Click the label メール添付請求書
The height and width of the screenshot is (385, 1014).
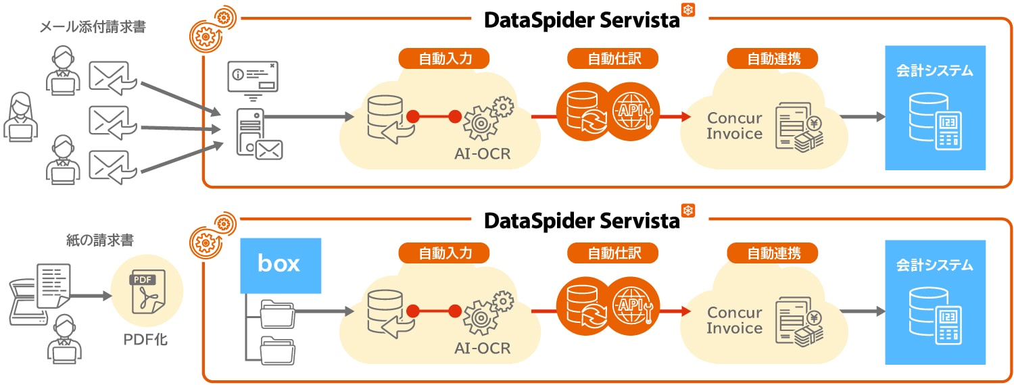[92, 28]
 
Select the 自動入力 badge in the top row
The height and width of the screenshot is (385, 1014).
[444, 58]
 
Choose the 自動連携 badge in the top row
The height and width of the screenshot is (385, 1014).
[773, 58]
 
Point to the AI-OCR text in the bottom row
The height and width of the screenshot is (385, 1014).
[482, 349]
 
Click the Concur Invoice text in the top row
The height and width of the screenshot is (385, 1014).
[734, 126]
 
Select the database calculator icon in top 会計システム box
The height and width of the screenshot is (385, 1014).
[936, 122]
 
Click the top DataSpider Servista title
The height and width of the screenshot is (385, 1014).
[581, 20]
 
